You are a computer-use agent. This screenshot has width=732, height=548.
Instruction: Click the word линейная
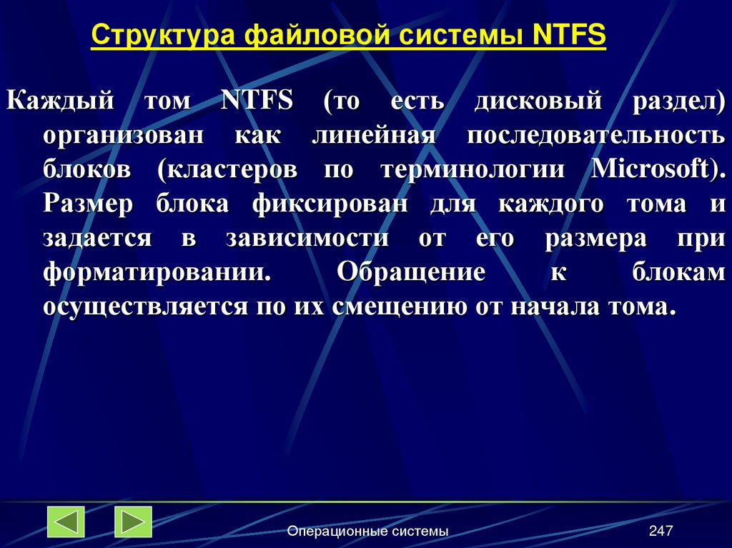point(374,136)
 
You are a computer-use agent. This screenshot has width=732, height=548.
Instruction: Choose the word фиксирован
point(330,204)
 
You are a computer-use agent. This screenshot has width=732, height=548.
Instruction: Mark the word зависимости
point(308,239)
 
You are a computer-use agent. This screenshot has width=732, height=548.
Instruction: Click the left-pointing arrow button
point(66,522)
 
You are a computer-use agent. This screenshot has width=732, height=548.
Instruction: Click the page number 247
point(661,531)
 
